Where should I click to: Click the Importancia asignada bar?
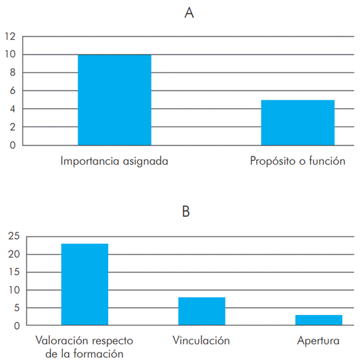click(114, 100)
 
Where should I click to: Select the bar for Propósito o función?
click(298, 122)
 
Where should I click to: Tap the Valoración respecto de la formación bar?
click(84, 284)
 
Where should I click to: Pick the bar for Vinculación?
click(202, 311)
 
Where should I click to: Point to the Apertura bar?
click(318, 320)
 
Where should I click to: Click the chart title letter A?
click(189, 13)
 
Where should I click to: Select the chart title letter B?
click(186, 212)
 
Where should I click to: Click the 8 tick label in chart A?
click(12, 73)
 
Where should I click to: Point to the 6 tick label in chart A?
click(12, 90)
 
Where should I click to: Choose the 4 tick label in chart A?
click(12, 109)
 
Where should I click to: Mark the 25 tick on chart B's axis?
click(14, 236)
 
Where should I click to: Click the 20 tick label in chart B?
click(14, 254)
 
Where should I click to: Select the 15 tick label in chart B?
click(14, 272)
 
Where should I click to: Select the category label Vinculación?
click(201, 341)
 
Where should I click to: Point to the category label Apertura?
click(318, 341)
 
